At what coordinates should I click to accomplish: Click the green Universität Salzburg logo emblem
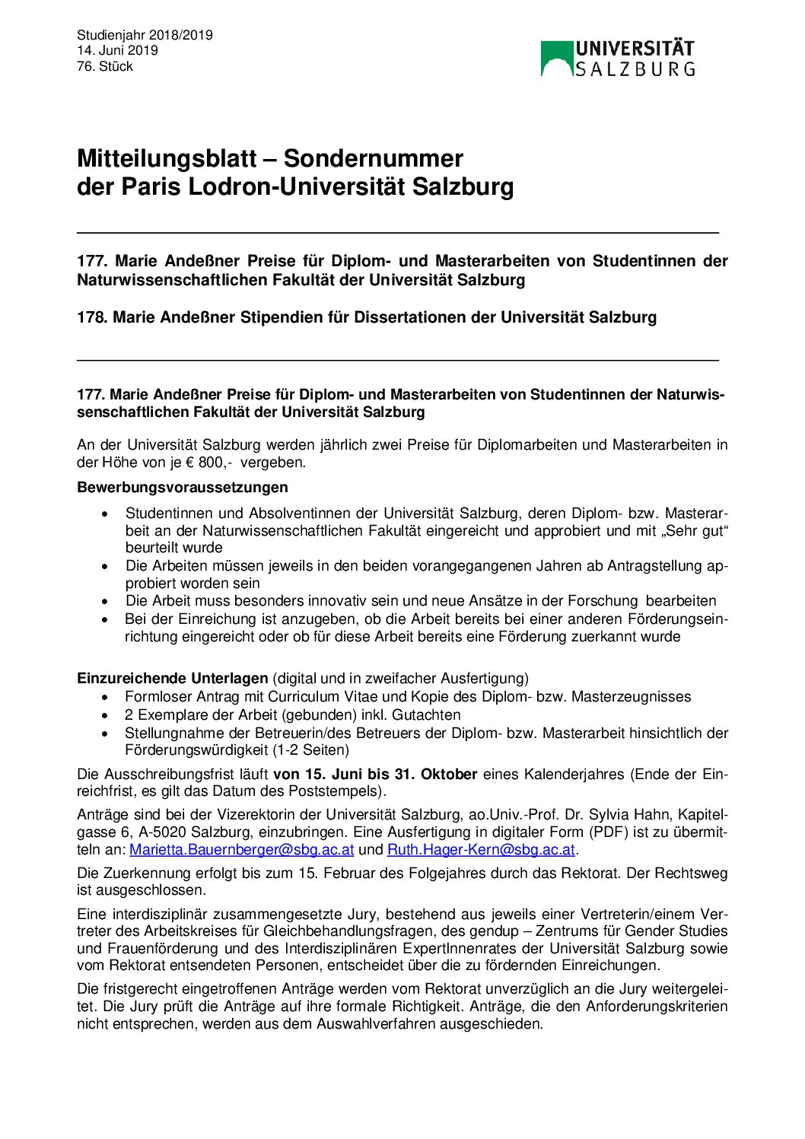point(556,59)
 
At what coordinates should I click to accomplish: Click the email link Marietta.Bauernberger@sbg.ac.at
point(242,849)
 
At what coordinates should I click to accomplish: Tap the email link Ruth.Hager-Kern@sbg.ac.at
point(481,849)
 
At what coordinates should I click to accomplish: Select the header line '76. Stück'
point(105,66)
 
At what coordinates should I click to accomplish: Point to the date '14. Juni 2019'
point(117,50)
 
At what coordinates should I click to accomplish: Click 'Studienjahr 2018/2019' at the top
point(145,35)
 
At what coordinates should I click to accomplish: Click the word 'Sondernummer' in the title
point(373,158)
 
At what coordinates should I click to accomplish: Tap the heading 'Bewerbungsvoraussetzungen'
point(183,487)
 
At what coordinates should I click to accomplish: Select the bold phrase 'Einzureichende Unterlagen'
point(173,678)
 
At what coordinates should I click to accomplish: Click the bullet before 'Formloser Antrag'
point(105,697)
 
